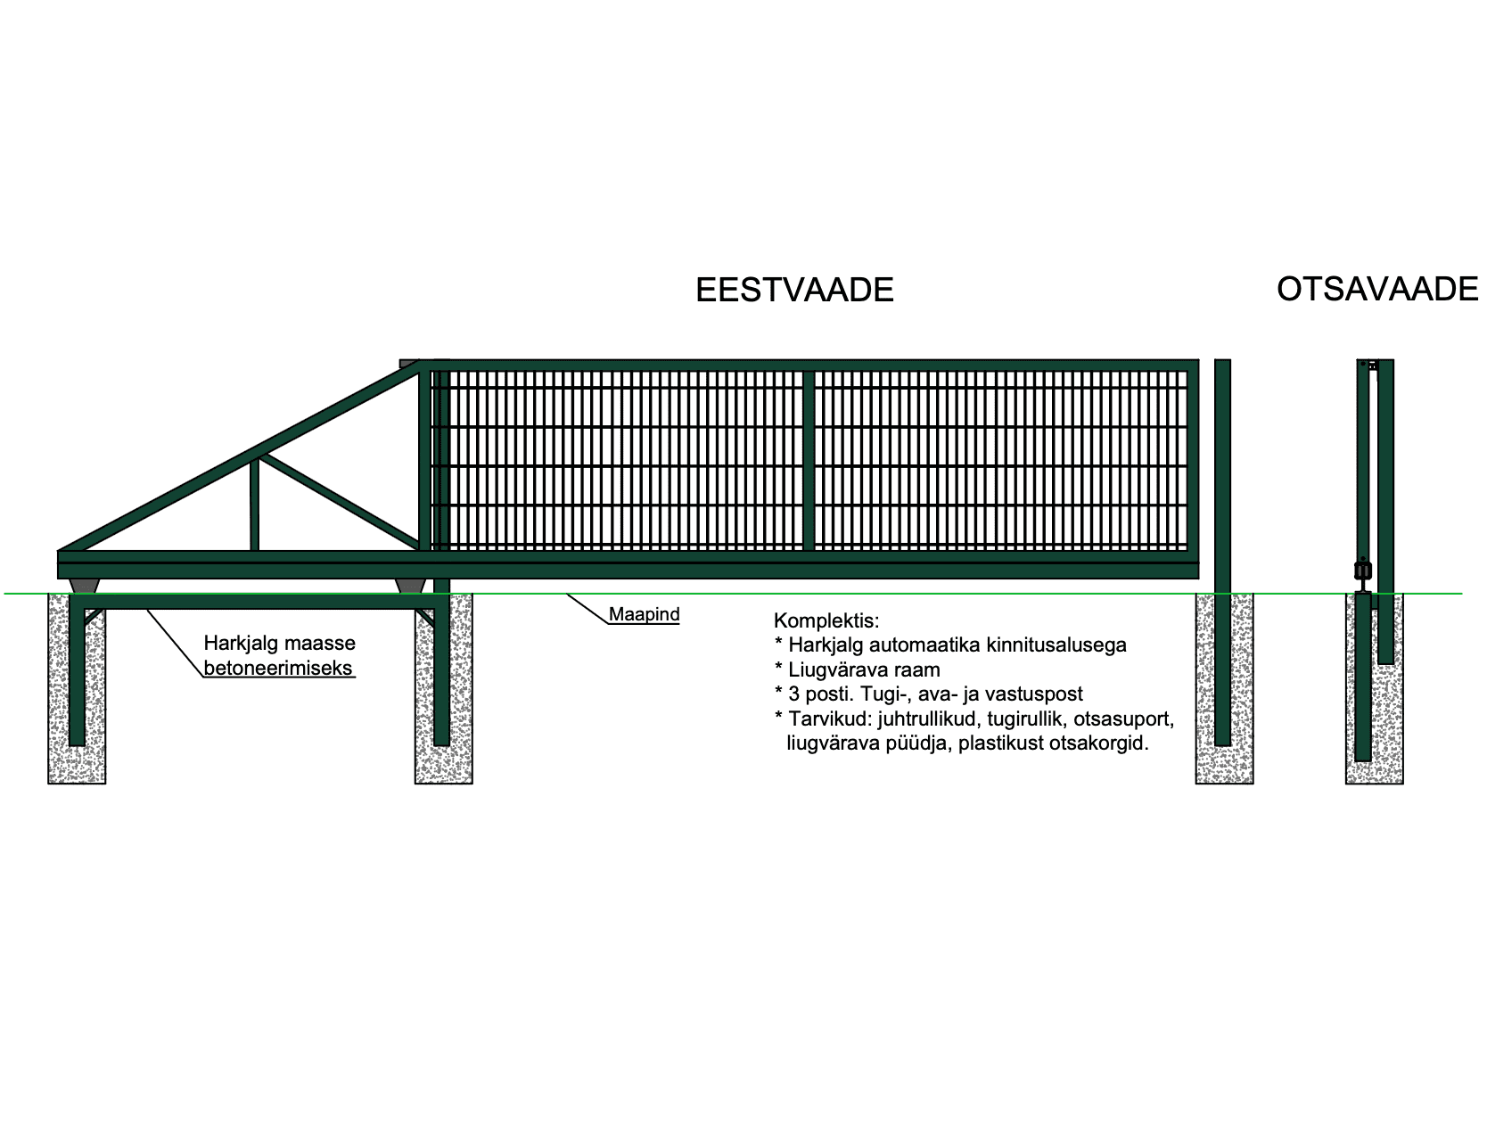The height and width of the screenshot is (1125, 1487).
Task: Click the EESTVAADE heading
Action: point(794,291)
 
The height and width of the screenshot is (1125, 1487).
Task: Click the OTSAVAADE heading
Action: point(1376,289)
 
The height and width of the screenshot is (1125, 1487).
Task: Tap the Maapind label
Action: point(644,614)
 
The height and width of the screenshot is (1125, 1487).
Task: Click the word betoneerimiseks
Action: point(278,668)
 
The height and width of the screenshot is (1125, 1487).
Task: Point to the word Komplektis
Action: point(826,620)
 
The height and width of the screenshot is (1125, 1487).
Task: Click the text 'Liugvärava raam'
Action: point(864,669)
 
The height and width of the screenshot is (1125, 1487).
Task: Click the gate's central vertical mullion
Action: point(809,461)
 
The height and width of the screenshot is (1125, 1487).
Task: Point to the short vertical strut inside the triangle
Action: point(255,505)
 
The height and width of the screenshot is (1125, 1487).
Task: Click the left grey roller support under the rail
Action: point(85,586)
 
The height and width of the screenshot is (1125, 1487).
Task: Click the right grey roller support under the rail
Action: point(411,586)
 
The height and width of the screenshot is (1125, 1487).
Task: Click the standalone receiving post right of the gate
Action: point(1222,552)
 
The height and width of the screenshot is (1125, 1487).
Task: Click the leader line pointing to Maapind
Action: point(587,608)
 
